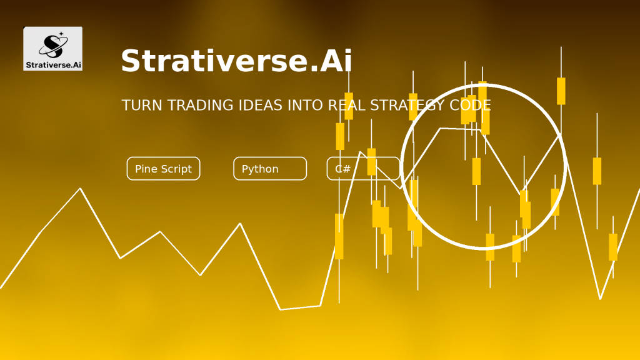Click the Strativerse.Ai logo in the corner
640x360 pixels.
[x=52, y=49]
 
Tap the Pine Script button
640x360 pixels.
[x=163, y=169]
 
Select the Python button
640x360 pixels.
[x=270, y=169]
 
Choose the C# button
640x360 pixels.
[x=363, y=169]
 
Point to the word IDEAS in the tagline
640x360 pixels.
[x=261, y=105]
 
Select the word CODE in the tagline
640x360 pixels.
[x=470, y=105]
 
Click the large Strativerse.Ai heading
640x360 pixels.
[x=236, y=61]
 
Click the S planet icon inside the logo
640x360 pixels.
[x=53, y=45]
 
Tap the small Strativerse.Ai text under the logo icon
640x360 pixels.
[x=54, y=65]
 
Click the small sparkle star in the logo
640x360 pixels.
[x=61, y=34]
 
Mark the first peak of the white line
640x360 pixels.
[x=81, y=189]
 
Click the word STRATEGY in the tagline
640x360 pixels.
[x=407, y=105]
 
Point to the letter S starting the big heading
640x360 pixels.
[x=130, y=61]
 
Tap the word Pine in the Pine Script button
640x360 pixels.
[x=146, y=169]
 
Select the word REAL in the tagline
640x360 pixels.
[x=346, y=105]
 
